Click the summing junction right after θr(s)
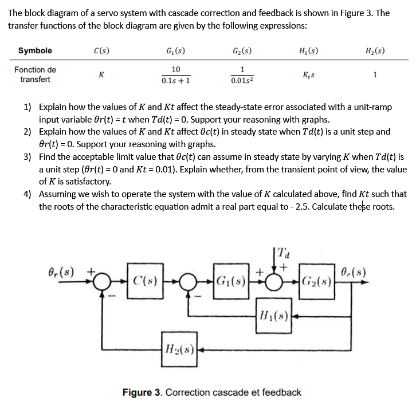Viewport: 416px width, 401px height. click(x=103, y=281)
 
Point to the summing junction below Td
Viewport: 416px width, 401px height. click(x=273, y=281)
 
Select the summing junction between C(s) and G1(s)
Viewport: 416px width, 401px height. click(x=187, y=281)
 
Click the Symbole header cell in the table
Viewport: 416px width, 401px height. click(x=35, y=50)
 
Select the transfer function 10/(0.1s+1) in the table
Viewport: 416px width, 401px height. click(x=176, y=74)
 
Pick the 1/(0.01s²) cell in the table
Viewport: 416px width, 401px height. click(x=242, y=74)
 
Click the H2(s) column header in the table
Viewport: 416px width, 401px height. click(x=375, y=50)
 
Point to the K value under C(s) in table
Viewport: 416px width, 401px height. click(x=101, y=74)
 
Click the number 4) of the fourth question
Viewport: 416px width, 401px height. click(x=28, y=194)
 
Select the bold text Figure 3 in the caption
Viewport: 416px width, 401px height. click(x=143, y=392)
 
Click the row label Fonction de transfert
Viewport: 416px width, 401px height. click(x=35, y=74)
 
